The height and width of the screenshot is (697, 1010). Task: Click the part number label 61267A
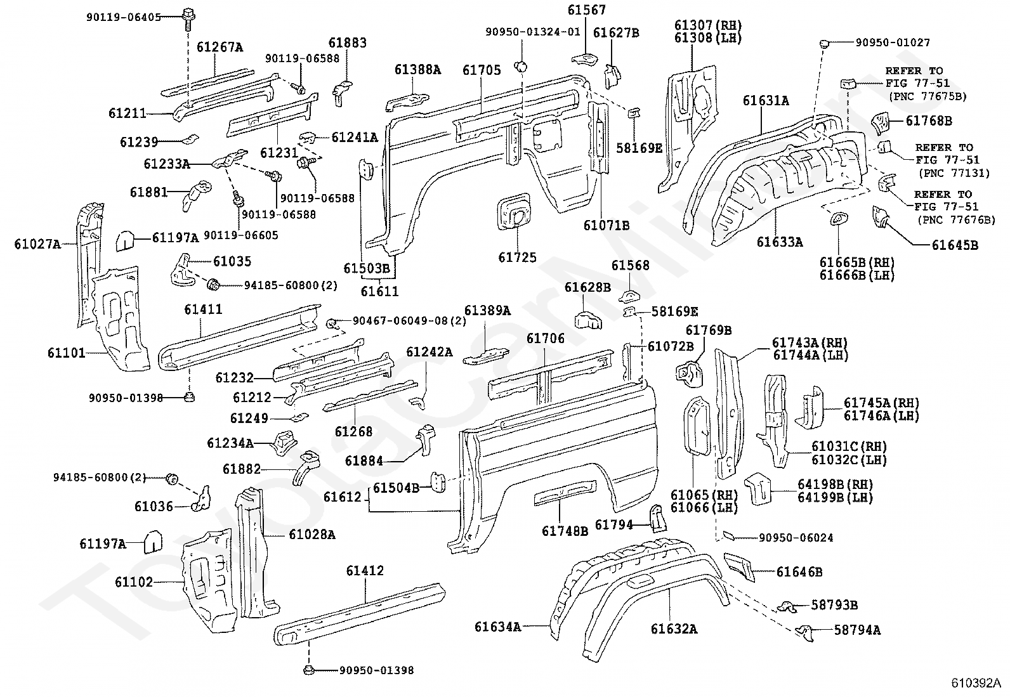(x=220, y=47)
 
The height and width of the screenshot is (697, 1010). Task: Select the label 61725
(x=517, y=257)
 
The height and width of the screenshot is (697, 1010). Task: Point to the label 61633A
(x=780, y=242)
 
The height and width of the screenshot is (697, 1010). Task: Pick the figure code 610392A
(x=975, y=683)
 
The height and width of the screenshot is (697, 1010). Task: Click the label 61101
(x=66, y=353)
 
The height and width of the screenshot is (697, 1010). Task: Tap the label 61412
(x=365, y=571)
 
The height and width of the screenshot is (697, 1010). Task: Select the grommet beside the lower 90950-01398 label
(x=309, y=670)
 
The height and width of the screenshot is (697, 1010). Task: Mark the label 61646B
(x=799, y=572)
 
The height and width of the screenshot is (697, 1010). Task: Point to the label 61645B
(x=955, y=245)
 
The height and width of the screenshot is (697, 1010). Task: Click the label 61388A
(x=417, y=70)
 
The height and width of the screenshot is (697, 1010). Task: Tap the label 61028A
(x=312, y=535)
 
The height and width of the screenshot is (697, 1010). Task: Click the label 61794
(x=614, y=524)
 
